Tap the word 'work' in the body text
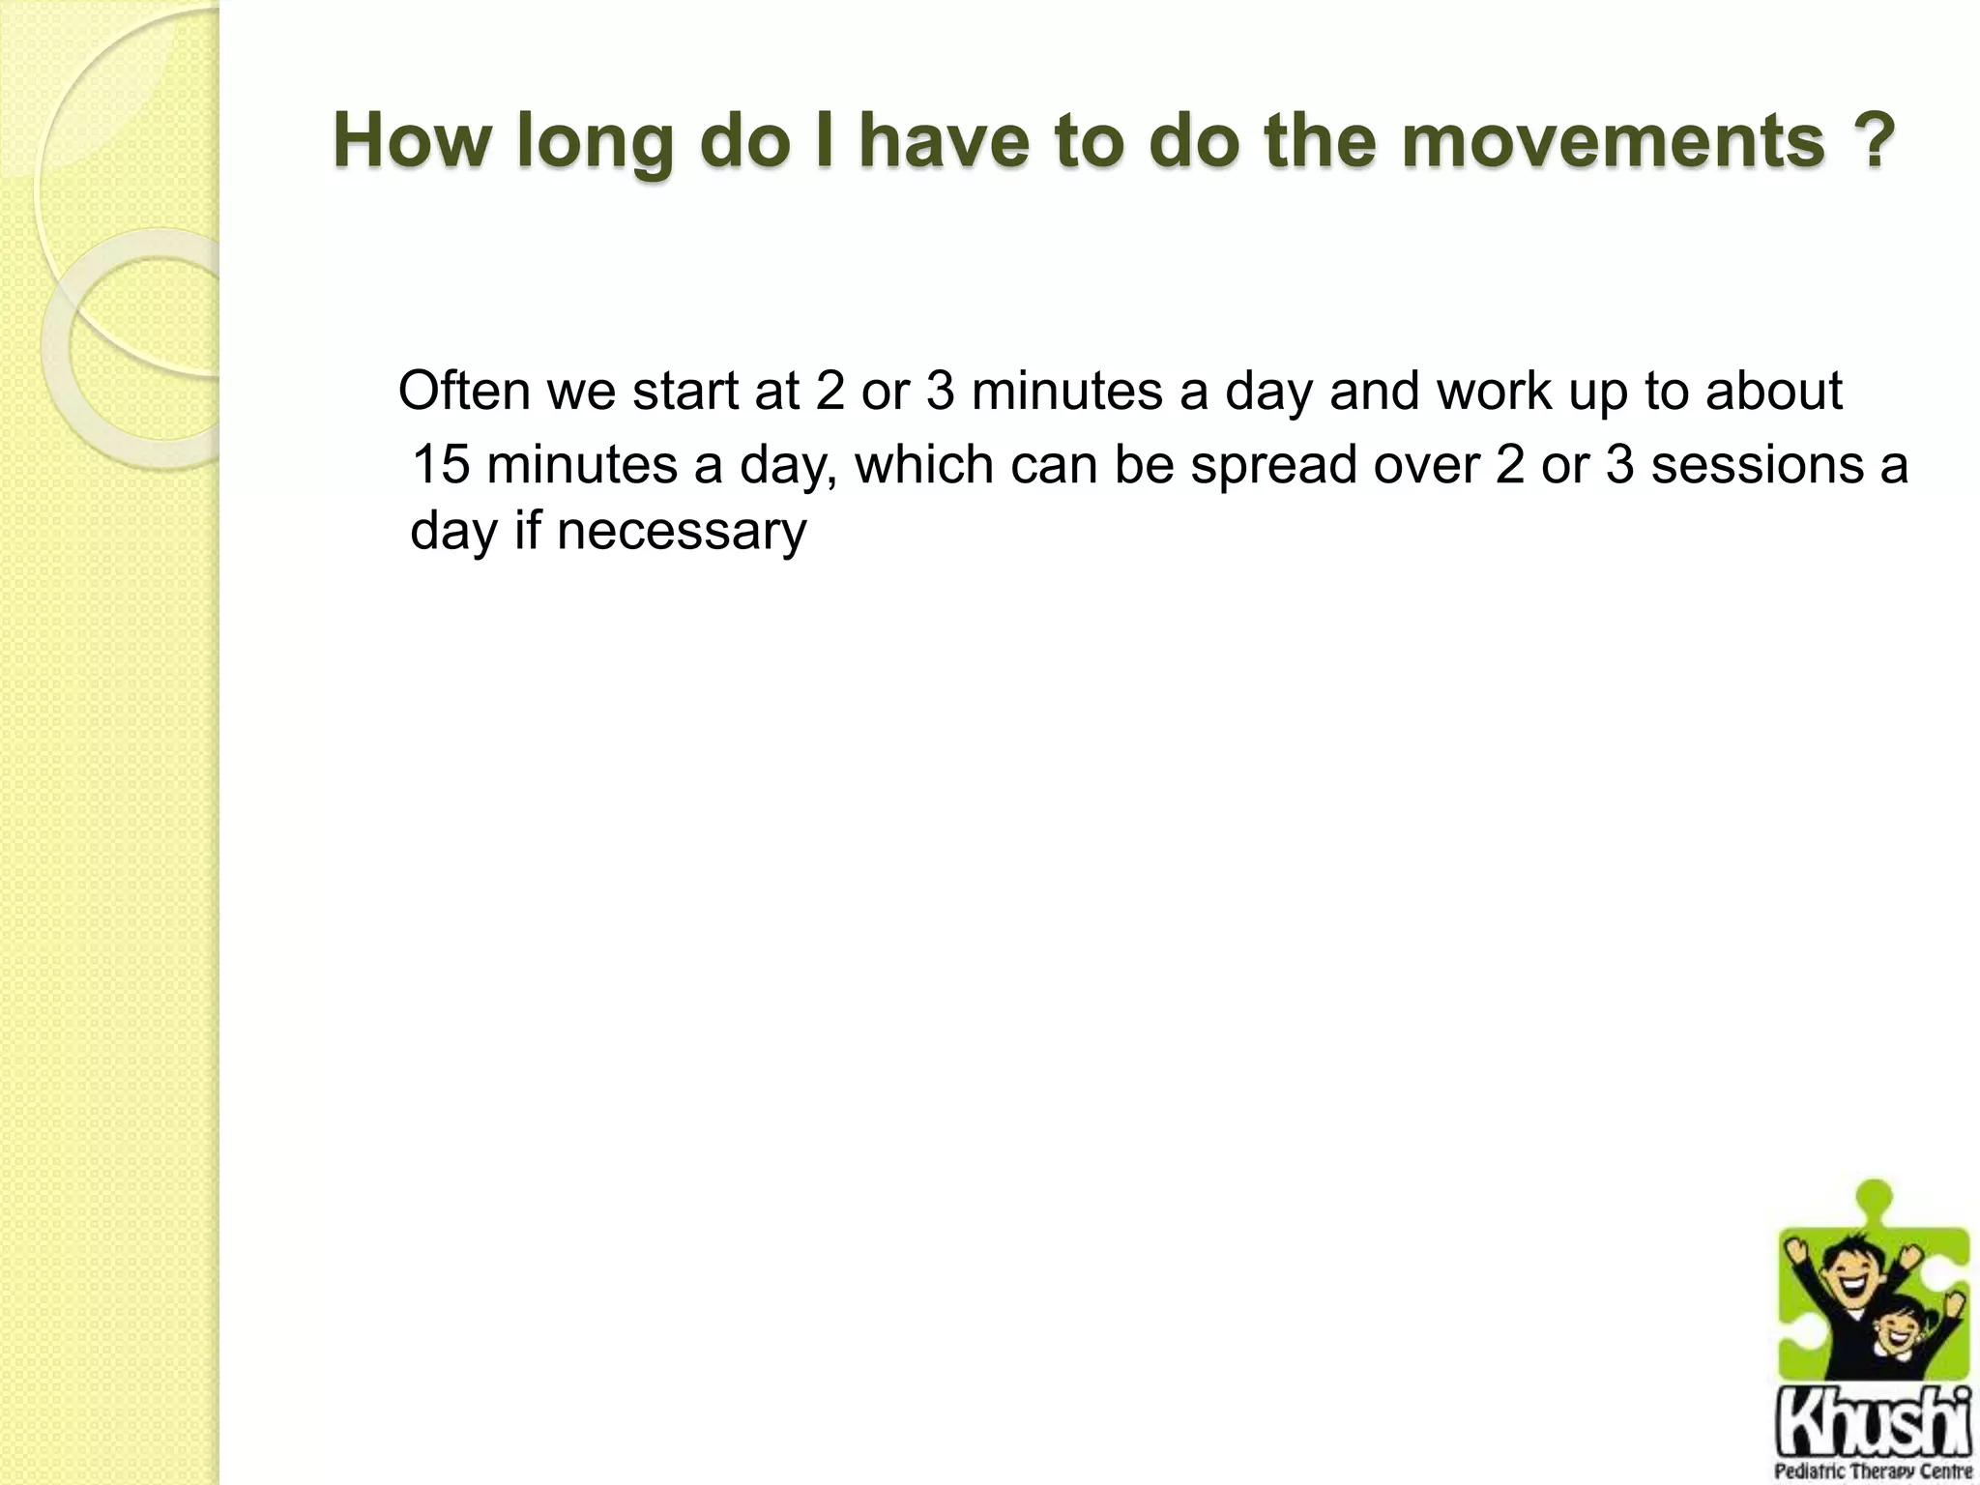1494,392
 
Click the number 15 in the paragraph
441,465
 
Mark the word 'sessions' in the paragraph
1755,465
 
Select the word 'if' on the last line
527,531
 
